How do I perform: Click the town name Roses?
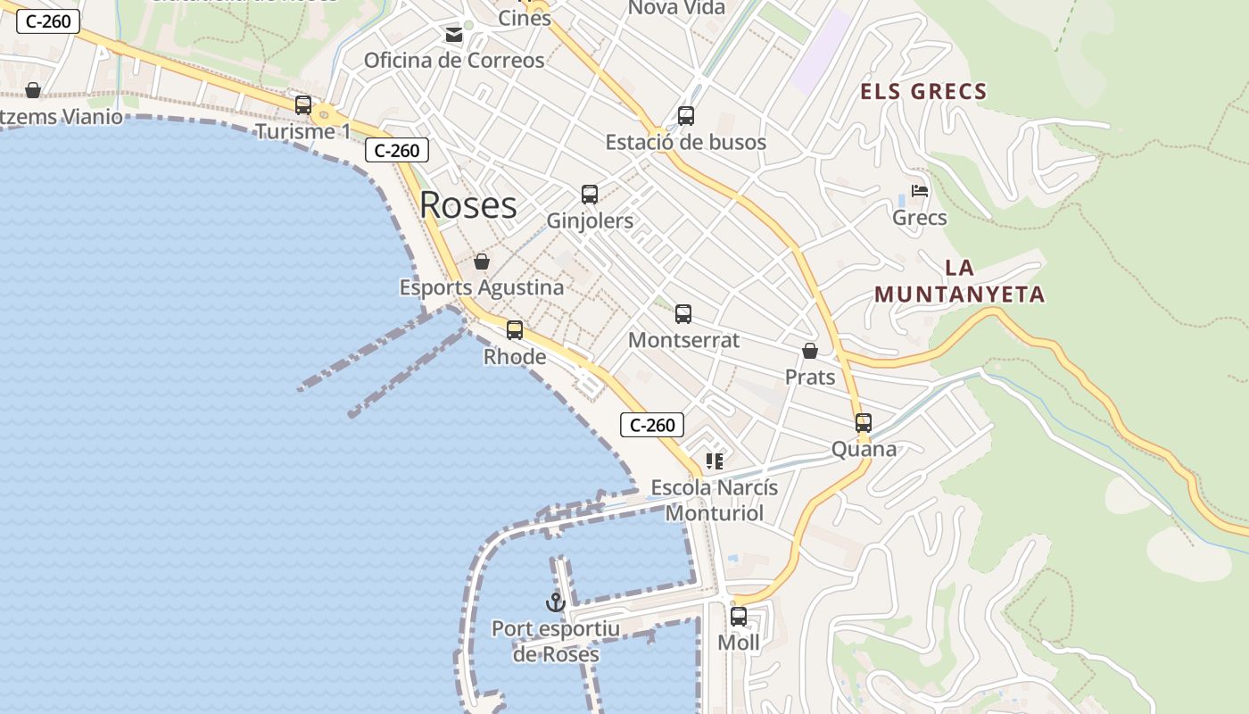pos(468,204)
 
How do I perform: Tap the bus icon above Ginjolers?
pos(590,195)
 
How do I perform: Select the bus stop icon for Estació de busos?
pos(685,116)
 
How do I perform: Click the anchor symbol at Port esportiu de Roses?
pos(556,602)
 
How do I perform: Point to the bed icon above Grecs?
pos(920,191)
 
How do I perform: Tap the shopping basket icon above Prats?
pos(810,352)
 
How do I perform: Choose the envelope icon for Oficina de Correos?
pos(454,35)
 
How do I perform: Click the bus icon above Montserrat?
pos(683,314)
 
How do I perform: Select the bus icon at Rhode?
pos(515,330)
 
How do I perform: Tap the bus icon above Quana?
pos(864,423)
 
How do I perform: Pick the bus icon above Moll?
pos(739,617)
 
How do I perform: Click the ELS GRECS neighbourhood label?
pos(923,91)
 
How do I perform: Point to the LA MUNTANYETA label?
pos(959,281)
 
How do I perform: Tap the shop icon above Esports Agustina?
pos(482,262)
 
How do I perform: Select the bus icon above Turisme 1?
pos(303,105)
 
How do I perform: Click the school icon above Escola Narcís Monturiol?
pos(714,461)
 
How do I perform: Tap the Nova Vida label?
pos(676,8)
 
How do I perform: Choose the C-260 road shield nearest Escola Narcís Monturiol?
pos(652,425)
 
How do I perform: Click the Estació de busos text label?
pos(685,142)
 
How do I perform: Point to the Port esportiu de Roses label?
pos(556,641)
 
